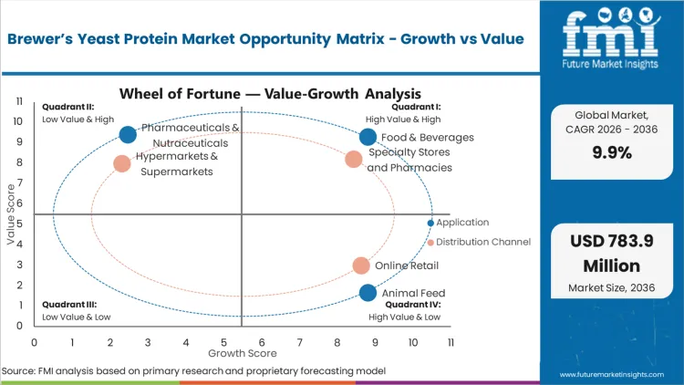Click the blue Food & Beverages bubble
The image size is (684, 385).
click(x=368, y=137)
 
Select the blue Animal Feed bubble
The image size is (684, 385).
click(x=368, y=293)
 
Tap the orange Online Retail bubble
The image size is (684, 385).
click(x=361, y=265)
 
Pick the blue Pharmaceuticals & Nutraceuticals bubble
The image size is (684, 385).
click(x=128, y=134)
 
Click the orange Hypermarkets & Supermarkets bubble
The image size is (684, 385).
click(x=122, y=164)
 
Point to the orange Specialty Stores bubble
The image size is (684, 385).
click(x=354, y=160)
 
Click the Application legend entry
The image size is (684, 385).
click(x=461, y=223)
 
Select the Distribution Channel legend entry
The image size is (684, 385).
click(x=482, y=242)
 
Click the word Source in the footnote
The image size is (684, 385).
click(x=19, y=371)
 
